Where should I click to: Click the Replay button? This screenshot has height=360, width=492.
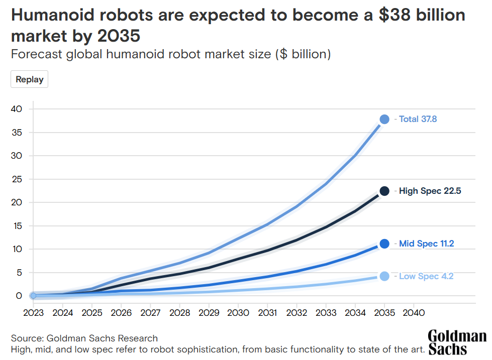click(30, 79)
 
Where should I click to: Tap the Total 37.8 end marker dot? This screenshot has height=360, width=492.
click(384, 119)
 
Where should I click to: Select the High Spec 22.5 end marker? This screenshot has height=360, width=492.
click(384, 191)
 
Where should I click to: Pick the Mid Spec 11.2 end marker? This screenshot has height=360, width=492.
click(384, 244)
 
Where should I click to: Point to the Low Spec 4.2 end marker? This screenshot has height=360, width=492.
click(384, 276)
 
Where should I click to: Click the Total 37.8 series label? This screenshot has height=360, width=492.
click(418, 119)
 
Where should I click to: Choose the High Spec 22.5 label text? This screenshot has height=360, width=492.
click(430, 191)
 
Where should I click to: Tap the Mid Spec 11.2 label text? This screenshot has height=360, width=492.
click(426, 244)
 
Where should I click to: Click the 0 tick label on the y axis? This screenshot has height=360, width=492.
click(19, 296)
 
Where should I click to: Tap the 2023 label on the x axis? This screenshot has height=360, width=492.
click(33, 313)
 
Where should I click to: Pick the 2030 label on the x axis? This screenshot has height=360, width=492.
click(238, 313)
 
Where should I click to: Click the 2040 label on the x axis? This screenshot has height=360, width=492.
click(414, 313)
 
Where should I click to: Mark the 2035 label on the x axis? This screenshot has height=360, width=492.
click(384, 313)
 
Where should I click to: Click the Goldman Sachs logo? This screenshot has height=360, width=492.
click(457, 342)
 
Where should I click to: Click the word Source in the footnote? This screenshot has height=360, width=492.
click(26, 338)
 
